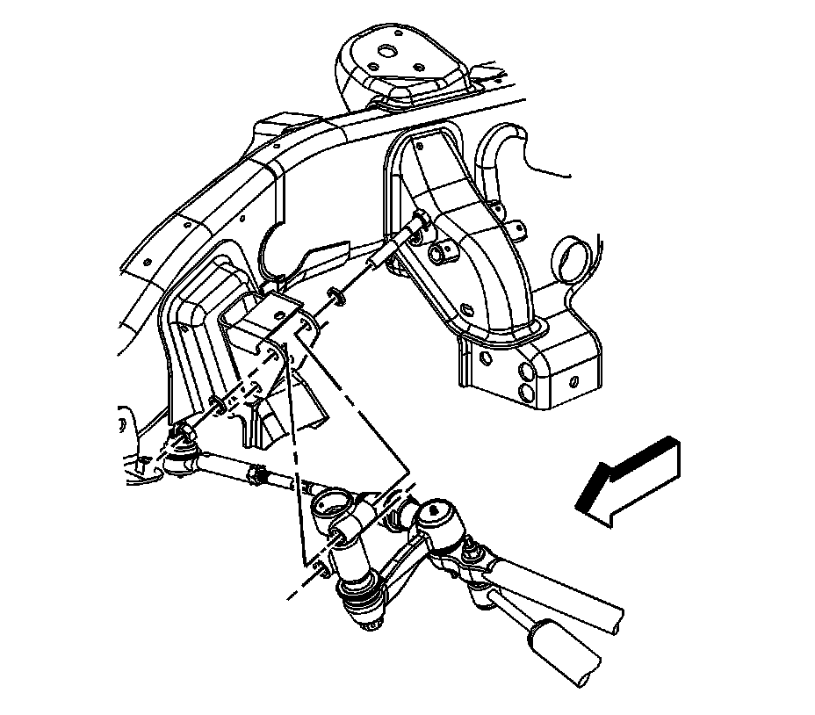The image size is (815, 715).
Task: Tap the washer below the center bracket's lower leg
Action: coord(216,403)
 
